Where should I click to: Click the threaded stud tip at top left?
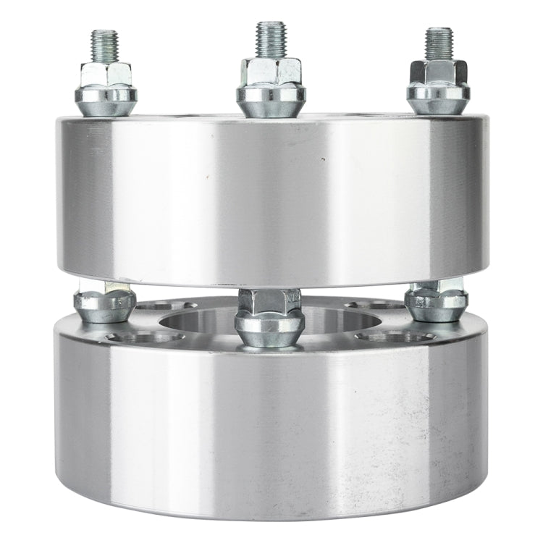coord(104,45)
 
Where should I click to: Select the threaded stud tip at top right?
coord(438,43)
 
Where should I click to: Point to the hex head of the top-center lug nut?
coord(271,72)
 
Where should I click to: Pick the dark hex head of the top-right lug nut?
coord(438,72)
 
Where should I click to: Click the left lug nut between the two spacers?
coord(105,305)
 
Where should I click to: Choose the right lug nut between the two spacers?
coord(436,302)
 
